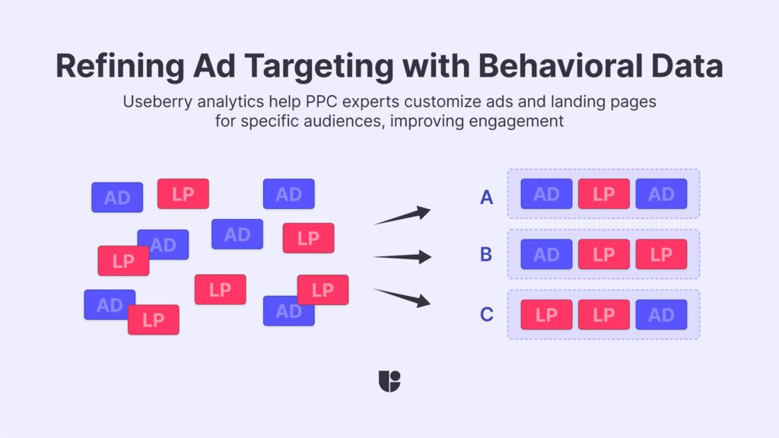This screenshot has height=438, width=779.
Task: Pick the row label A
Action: (487, 198)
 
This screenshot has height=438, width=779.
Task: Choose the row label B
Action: (487, 254)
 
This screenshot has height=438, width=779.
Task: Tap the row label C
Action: (487, 314)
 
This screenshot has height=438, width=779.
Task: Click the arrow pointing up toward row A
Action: (402, 216)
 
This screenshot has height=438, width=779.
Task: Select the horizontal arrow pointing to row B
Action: (402, 257)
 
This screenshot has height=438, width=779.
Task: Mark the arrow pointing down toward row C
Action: (402, 297)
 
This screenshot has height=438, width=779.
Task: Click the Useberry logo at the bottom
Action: (389, 381)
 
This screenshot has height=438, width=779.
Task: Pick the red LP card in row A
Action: (604, 194)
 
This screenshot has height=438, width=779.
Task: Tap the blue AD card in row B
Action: (546, 254)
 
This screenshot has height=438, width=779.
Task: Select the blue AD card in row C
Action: (661, 314)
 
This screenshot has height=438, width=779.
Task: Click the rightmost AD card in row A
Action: (661, 194)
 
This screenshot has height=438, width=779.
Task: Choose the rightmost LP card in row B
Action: (661, 254)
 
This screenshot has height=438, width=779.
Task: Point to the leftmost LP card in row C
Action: (546, 314)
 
